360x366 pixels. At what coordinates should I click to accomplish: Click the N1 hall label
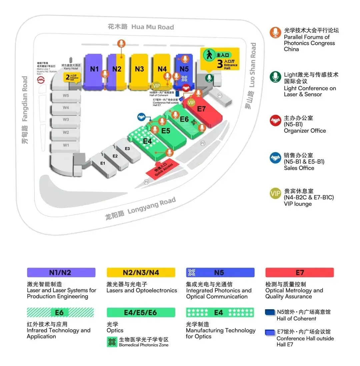click(x=94, y=69)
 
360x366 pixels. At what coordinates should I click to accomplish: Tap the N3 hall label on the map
click(x=139, y=69)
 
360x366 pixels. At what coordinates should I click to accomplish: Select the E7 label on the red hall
click(x=202, y=109)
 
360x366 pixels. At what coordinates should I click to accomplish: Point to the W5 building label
click(x=66, y=96)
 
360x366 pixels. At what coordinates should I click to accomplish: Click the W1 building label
click(x=66, y=145)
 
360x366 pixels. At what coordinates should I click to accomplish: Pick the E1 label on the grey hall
click(x=103, y=163)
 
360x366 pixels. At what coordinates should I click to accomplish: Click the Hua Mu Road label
click(x=141, y=27)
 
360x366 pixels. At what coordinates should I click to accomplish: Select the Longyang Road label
click(x=141, y=209)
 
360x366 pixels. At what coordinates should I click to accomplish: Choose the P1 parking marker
click(x=220, y=95)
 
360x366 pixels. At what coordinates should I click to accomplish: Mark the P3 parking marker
click(x=146, y=182)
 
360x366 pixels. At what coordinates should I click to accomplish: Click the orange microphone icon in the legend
click(x=275, y=33)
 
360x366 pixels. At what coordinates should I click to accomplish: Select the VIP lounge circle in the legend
click(x=275, y=194)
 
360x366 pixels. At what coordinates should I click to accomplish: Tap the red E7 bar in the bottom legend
click(x=299, y=272)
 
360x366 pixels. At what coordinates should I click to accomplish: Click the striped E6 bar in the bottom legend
click(x=60, y=312)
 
